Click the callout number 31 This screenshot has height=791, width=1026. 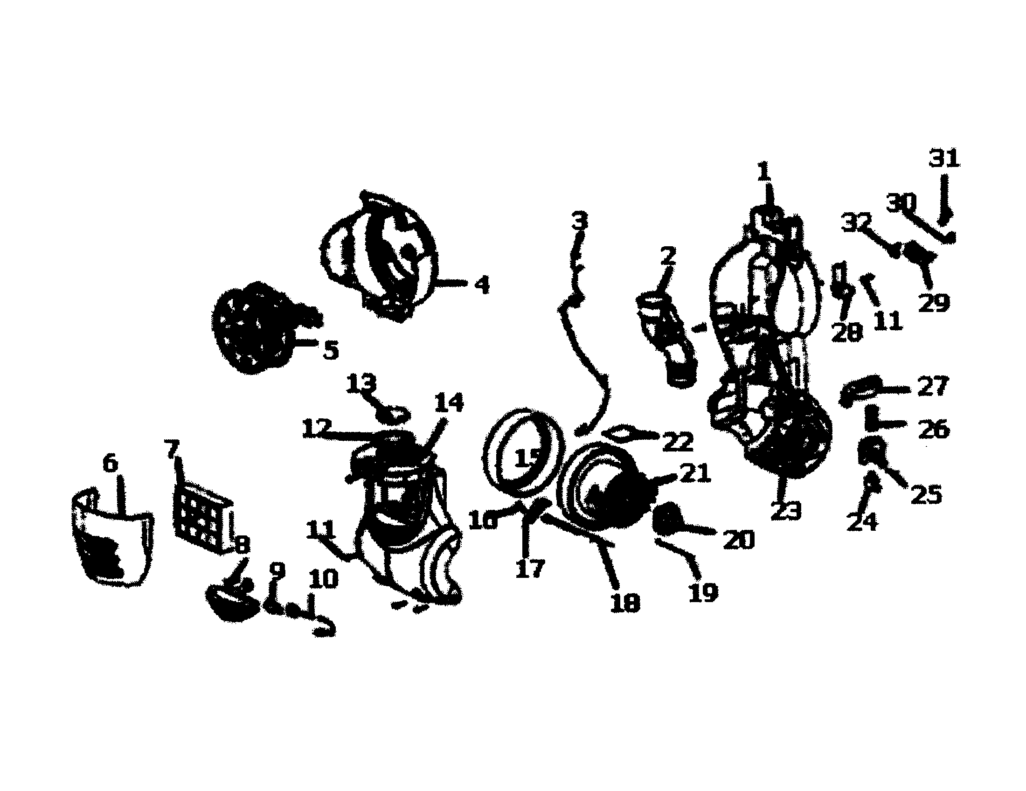(x=944, y=159)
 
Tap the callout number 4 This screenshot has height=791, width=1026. (x=481, y=284)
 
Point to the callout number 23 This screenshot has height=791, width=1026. (x=785, y=511)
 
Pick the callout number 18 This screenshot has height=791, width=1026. (x=625, y=602)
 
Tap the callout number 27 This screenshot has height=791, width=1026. (x=935, y=387)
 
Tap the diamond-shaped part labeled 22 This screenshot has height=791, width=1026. (x=620, y=432)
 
